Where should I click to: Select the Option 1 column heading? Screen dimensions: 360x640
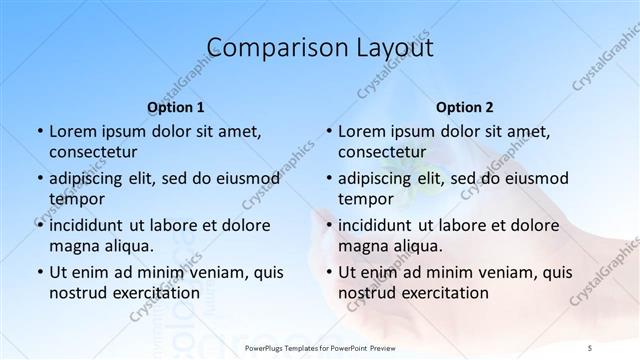pyautogui.click(x=176, y=106)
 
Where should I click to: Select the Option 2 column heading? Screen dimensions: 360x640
pyautogui.click(x=466, y=106)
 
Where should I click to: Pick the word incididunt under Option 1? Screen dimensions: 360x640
pyautogui.click(x=91, y=225)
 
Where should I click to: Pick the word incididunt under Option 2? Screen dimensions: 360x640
pyautogui.click(x=381, y=225)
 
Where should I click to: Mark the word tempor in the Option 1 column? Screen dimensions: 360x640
pyautogui.click(x=75, y=199)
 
